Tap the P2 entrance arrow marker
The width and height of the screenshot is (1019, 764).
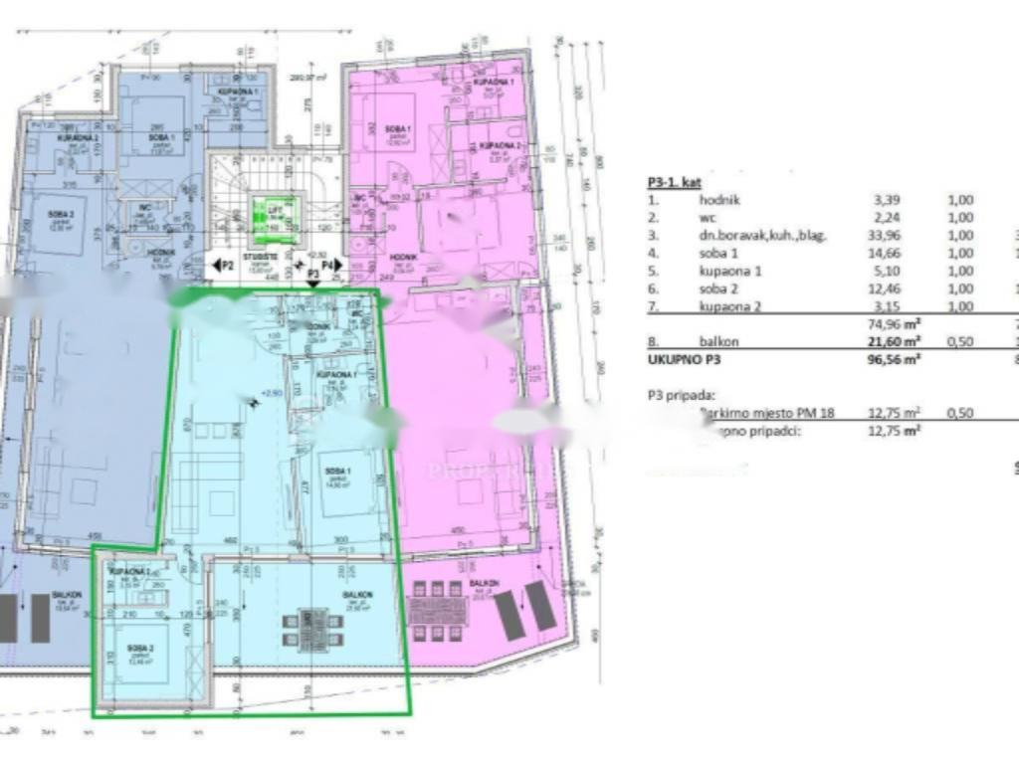tap(222, 266)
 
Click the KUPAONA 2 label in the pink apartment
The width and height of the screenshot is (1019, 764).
tap(501, 146)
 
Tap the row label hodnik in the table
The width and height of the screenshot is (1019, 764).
tap(719, 200)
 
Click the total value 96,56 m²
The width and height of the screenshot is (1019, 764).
tap(892, 359)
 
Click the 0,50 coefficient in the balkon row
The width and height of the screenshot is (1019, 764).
tap(959, 341)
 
